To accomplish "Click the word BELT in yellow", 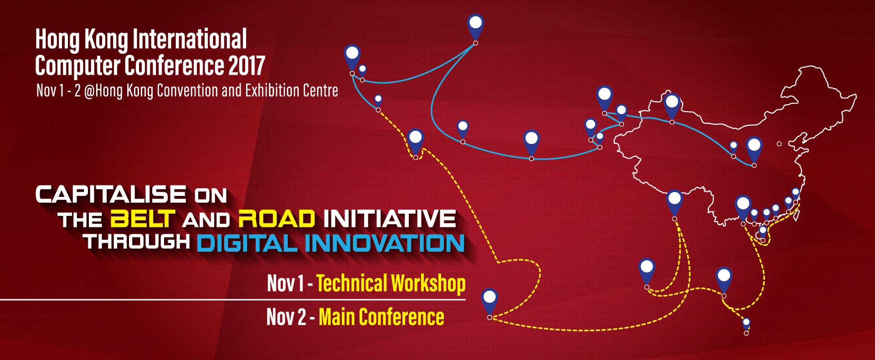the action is [x=143, y=219].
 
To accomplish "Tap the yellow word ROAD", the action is [x=277, y=219].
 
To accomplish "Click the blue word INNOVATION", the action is [x=385, y=243].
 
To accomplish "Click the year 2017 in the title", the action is [x=247, y=66].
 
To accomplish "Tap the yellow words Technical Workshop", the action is [x=391, y=283].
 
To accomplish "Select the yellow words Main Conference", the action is [x=381, y=317].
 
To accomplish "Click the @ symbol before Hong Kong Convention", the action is [x=89, y=91].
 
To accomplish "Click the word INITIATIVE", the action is [x=390, y=219].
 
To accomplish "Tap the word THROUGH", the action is [x=137, y=242].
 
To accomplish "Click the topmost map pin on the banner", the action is [x=475, y=26].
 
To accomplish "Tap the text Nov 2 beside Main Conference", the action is [x=286, y=317].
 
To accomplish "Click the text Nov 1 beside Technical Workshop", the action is [x=285, y=283].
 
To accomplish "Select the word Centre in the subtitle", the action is [x=322, y=90].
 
